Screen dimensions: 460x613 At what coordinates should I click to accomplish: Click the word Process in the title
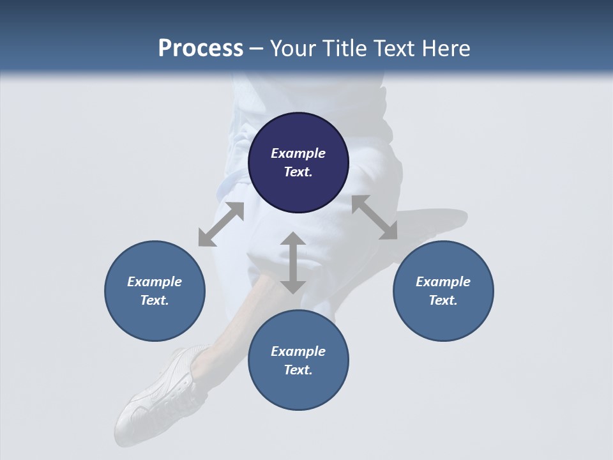point(201,49)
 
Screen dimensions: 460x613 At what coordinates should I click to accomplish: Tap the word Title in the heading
point(340,49)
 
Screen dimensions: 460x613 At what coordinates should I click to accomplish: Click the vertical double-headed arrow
point(293,263)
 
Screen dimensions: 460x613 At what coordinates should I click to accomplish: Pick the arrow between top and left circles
point(221,224)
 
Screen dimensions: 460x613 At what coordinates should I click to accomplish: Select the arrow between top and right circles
point(374,217)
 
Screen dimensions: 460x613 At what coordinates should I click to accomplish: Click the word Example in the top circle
point(298,153)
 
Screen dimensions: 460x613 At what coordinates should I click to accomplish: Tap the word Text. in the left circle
point(155,300)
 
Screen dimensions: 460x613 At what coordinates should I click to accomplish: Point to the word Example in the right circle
point(443,282)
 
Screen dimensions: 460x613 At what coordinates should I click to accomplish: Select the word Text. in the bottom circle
point(298,370)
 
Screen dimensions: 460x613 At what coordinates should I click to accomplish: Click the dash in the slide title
point(256,49)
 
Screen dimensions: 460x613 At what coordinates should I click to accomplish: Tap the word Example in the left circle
point(155,282)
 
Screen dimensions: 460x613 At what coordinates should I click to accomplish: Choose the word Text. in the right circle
point(443,300)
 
